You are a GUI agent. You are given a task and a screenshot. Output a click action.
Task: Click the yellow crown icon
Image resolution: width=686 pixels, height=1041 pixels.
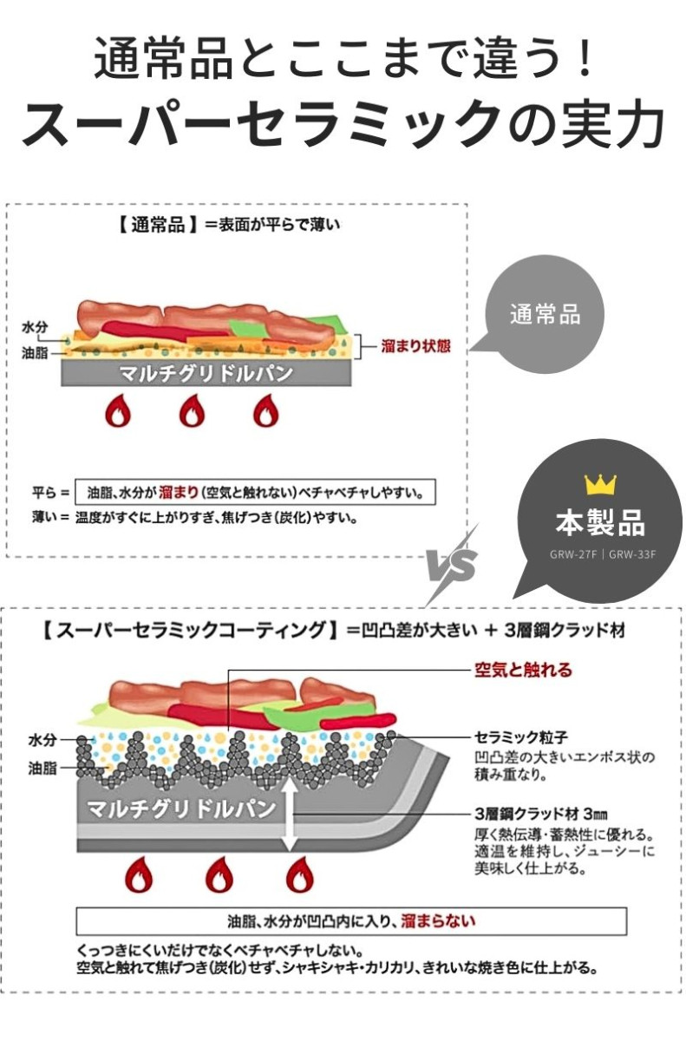click(600, 484)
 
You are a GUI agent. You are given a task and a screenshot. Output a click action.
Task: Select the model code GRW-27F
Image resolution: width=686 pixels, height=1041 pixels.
click(573, 554)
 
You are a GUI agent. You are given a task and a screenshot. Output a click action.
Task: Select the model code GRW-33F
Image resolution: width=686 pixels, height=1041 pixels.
click(632, 554)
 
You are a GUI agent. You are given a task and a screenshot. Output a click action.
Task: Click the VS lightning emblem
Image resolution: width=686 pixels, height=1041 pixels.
click(453, 565)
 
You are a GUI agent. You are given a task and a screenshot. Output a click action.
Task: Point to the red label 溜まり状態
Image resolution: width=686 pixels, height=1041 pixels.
click(415, 346)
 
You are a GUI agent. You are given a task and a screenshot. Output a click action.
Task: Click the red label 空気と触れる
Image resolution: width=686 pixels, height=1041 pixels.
click(523, 670)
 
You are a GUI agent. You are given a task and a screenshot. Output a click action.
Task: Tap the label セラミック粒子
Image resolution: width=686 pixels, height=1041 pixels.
click(520, 737)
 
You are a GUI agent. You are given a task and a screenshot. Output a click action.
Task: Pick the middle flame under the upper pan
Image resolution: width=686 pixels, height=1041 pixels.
click(193, 410)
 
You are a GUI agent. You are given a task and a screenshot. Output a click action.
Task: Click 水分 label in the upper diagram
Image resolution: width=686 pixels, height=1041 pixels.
click(35, 327)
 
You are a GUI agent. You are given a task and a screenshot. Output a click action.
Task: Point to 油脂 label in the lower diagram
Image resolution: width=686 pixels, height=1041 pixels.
click(42, 769)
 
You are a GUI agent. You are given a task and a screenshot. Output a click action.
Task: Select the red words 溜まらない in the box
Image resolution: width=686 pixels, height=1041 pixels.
click(439, 920)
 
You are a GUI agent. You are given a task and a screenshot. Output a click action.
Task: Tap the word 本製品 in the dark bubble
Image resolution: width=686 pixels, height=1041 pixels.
click(600, 522)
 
